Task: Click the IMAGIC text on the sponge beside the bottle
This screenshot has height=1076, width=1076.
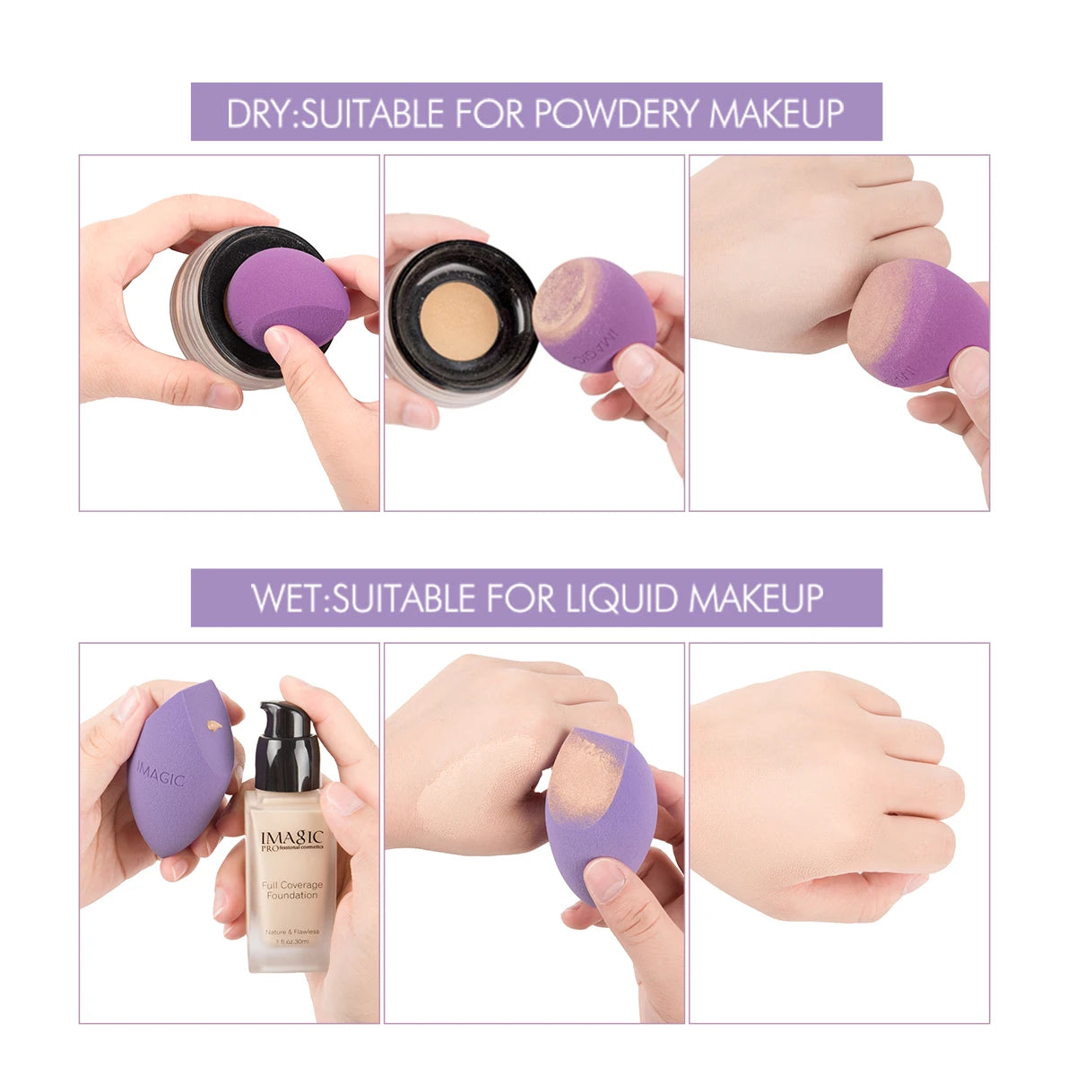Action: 161,773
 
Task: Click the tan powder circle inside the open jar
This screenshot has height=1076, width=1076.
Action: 459,321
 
